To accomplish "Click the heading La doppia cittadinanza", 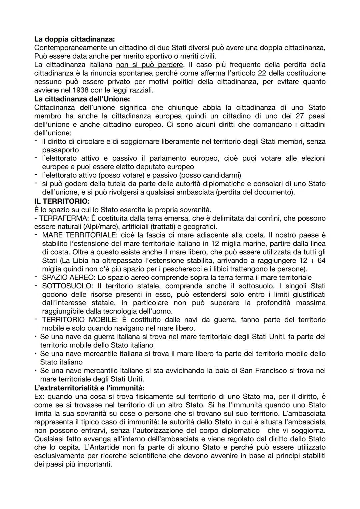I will [74, 39].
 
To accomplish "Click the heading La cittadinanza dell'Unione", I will [82, 99].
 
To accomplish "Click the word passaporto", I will [60, 150].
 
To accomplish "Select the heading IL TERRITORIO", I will [62, 201].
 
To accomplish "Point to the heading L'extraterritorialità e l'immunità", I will [89, 388].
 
